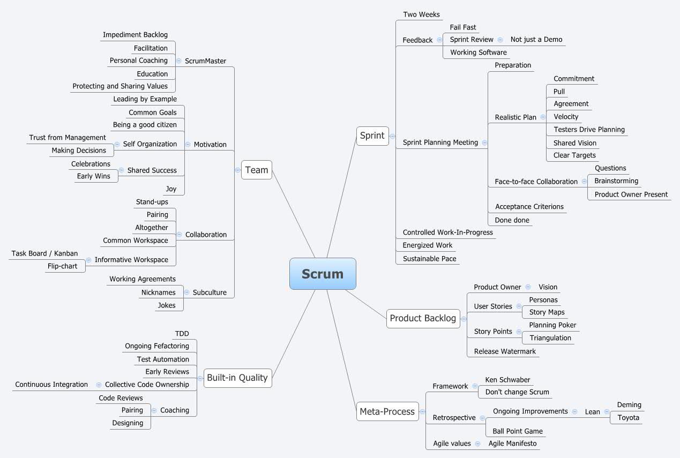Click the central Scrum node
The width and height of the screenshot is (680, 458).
click(x=323, y=274)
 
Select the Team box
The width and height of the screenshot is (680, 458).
click(x=257, y=170)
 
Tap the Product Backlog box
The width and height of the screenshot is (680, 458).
click(x=423, y=318)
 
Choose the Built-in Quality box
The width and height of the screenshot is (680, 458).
click(x=237, y=378)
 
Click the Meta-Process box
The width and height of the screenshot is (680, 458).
click(x=387, y=411)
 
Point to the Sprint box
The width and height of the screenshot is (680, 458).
click(x=372, y=136)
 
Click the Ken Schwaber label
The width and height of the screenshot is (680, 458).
click(x=507, y=380)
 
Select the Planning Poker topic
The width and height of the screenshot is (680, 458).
click(x=552, y=325)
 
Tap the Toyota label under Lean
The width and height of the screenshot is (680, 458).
click(x=628, y=418)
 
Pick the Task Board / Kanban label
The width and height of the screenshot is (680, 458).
click(x=44, y=253)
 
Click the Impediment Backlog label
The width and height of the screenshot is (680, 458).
click(x=135, y=35)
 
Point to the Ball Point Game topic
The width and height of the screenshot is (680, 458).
click(x=518, y=431)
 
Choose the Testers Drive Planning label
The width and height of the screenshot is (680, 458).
click(x=589, y=130)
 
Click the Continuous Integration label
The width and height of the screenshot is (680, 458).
click(x=51, y=385)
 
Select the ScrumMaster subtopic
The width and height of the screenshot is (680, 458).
click(x=205, y=61)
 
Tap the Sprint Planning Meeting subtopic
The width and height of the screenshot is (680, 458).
click(x=440, y=142)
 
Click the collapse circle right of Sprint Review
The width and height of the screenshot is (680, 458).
click(x=500, y=40)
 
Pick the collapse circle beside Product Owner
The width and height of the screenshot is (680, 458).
click(x=528, y=287)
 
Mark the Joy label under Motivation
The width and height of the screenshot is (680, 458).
click(x=171, y=189)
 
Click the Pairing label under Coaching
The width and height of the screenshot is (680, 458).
click(x=132, y=410)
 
